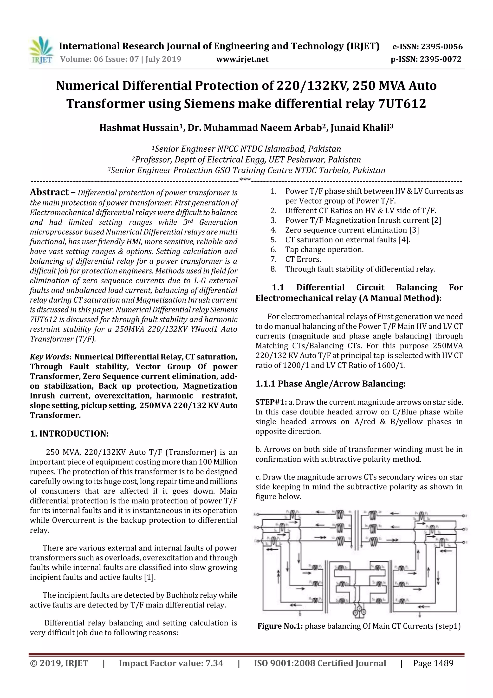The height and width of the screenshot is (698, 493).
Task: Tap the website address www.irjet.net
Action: click(242, 59)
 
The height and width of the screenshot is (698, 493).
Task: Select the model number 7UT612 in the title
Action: click(402, 104)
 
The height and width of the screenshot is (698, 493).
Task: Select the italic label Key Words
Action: click(49, 357)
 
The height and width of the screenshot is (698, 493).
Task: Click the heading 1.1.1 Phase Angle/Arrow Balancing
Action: click(331, 384)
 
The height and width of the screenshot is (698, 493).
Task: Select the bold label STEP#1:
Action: click(271, 402)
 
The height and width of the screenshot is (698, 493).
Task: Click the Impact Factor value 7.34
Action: click(214, 663)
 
